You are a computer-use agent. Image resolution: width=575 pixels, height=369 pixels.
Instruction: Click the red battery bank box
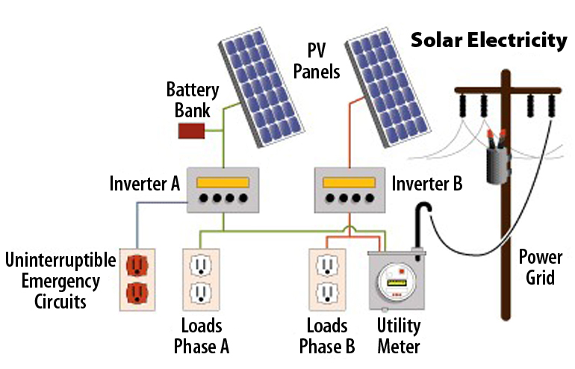190,131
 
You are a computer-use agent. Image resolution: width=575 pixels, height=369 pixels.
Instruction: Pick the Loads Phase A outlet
200,279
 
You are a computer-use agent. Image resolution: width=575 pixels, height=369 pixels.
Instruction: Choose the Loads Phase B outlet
326,279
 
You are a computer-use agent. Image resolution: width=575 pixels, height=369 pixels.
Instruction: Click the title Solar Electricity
489,40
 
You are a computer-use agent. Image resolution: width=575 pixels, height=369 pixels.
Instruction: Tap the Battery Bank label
193,100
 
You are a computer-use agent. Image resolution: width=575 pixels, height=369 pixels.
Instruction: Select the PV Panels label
317,62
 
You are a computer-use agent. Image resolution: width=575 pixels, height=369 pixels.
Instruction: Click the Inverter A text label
145,183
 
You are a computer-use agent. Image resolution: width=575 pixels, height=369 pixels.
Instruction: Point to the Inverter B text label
427,183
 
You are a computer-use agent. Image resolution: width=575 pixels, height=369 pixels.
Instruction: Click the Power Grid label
541,267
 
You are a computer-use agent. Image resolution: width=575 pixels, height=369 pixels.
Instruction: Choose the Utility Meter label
399,336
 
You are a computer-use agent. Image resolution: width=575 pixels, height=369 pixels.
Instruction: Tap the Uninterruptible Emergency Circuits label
60,281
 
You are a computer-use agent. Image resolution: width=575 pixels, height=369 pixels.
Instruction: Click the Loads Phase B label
327,336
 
